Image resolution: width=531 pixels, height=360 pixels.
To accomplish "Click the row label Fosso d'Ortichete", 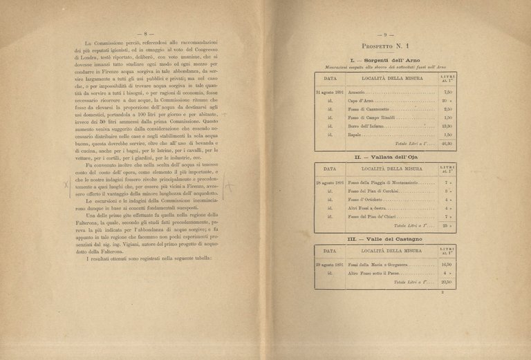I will (366, 200).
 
